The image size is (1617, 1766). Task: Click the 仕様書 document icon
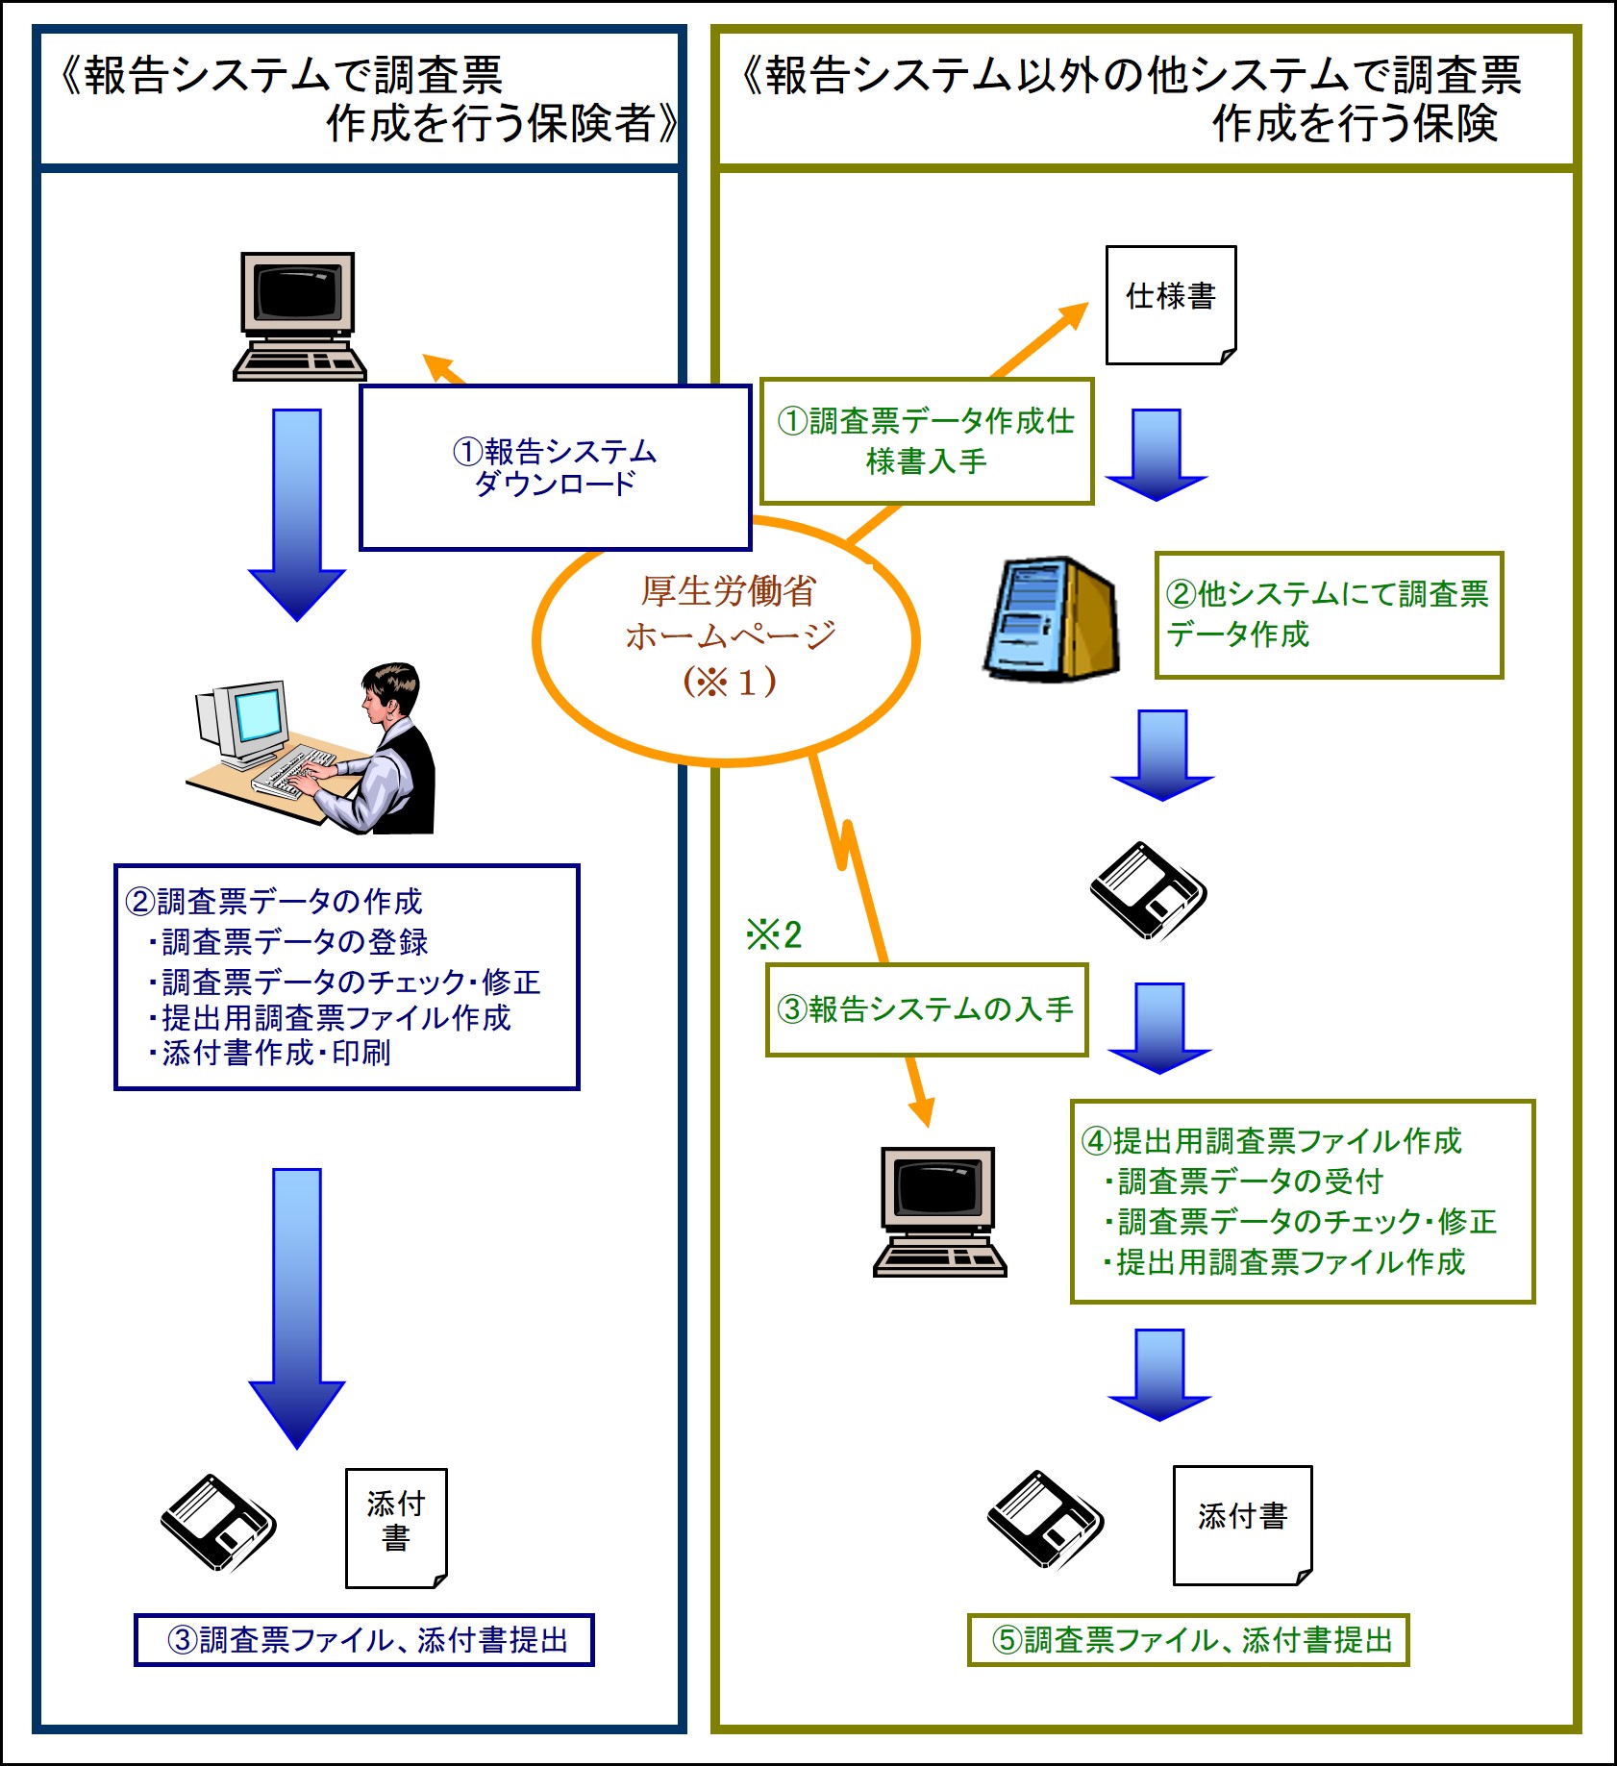pyautogui.click(x=1170, y=305)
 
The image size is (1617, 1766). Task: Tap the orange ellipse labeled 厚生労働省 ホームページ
pyautogui.click(x=727, y=639)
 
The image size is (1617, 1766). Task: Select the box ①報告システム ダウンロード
pyautogui.click(x=555, y=467)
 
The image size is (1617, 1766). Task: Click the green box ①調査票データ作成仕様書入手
pyautogui.click(x=927, y=441)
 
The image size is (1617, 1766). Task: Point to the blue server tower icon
pyautogui.click(x=1051, y=619)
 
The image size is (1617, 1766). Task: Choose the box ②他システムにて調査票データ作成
pyautogui.click(x=1328, y=615)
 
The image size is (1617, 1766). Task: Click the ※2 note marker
pyautogui.click(x=774, y=934)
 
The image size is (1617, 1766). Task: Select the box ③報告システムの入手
pyautogui.click(x=926, y=1009)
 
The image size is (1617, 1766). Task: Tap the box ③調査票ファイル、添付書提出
pyautogui.click(x=363, y=1640)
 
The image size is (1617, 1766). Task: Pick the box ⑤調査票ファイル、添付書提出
pyautogui.click(x=1187, y=1640)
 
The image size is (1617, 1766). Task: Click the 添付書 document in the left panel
pyautogui.click(x=396, y=1528)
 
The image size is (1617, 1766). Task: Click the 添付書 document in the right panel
pyautogui.click(x=1242, y=1525)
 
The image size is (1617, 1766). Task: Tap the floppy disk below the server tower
pyautogui.click(x=1148, y=890)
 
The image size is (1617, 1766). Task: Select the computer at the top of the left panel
pyautogui.click(x=299, y=316)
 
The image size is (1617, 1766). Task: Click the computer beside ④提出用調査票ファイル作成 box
pyautogui.click(x=939, y=1211)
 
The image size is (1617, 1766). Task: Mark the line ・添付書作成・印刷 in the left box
pyautogui.click(x=269, y=1054)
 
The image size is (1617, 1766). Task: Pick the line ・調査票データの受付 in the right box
pyautogui.click(x=1244, y=1181)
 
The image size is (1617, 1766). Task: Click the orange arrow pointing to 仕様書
pyautogui.click(x=1043, y=336)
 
